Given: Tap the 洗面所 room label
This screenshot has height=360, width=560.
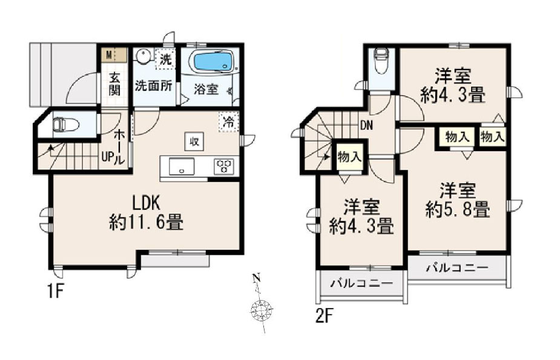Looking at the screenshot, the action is coord(153,86).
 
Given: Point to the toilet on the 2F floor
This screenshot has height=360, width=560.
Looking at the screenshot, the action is coord(381,61).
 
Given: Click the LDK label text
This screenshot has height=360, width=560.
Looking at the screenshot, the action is coord(146,203).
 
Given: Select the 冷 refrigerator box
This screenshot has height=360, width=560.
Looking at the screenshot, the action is coord(228,122).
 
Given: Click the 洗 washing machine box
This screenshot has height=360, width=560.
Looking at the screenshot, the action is coord(165,59).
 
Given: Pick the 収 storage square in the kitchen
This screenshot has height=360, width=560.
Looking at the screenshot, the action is coord(194,142).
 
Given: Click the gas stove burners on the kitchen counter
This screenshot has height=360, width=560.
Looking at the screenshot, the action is coord(224,166).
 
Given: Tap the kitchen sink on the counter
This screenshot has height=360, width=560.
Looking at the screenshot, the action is coord(182,166).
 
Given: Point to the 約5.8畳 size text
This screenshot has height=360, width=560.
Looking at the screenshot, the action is coord(458,210).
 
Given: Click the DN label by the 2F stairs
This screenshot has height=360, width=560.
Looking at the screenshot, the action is coord(366,125).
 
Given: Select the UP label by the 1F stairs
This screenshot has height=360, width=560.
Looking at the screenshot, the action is coord(108,158).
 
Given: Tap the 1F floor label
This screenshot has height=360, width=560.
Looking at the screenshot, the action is coord(55,292).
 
